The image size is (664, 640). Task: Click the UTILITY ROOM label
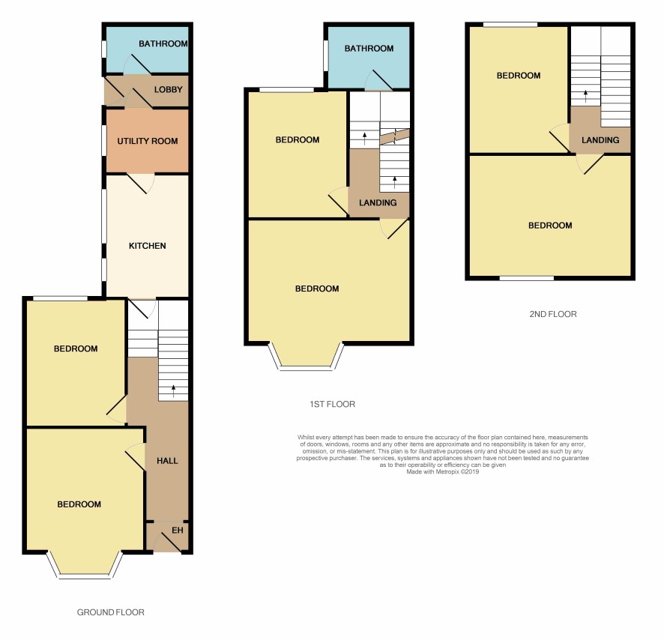[x=148, y=141]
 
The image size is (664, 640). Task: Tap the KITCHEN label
[x=148, y=246]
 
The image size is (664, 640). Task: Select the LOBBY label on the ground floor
[x=168, y=89]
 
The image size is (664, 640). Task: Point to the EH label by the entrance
[x=178, y=531]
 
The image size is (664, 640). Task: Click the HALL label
[x=167, y=461]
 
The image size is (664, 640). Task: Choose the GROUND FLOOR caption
[x=110, y=612]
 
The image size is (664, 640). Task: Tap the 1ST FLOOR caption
[x=333, y=404]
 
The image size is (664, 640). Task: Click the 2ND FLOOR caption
[x=553, y=314]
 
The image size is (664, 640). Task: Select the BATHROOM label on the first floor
[x=369, y=48]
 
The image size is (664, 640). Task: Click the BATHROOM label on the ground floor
[x=163, y=43]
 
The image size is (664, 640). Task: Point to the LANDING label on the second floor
[x=600, y=140]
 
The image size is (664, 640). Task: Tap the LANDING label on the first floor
[x=378, y=202]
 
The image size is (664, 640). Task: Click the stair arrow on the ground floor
[x=174, y=391]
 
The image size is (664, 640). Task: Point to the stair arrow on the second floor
[x=585, y=96]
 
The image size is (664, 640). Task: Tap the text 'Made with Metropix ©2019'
[x=442, y=471]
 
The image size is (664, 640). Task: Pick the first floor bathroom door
[x=378, y=80]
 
